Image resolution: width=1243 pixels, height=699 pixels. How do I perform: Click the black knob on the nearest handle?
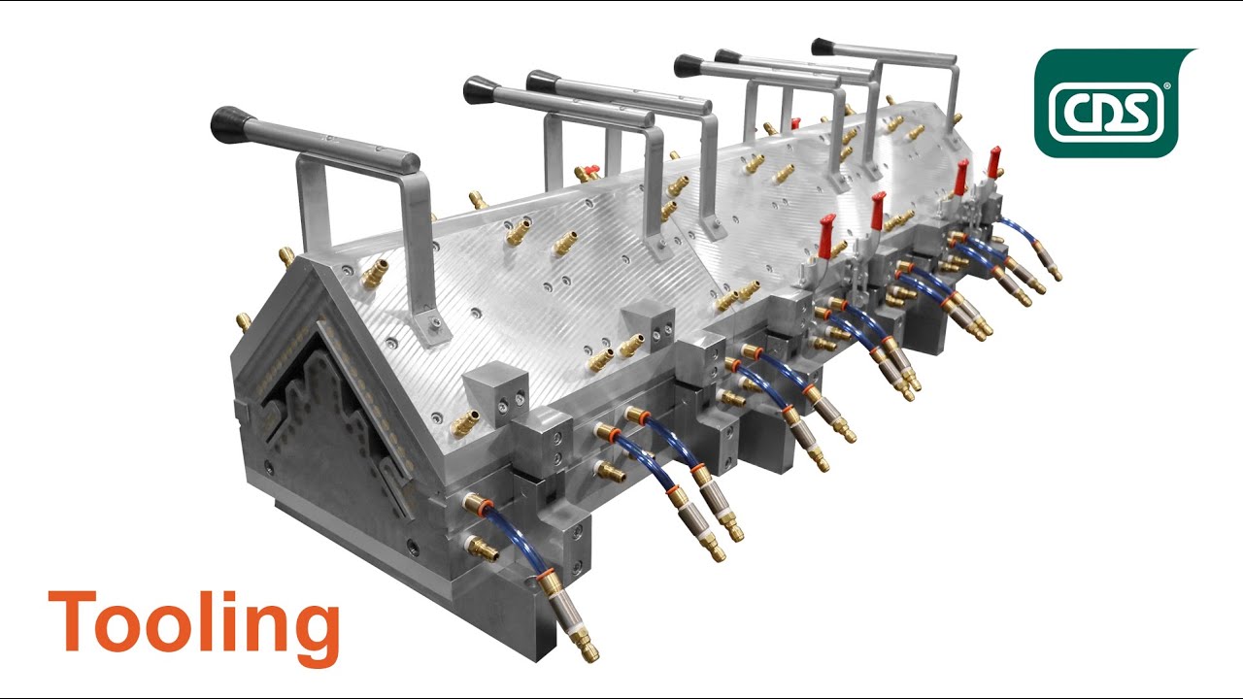coord(232,124)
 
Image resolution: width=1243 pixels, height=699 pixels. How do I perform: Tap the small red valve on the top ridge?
coord(794,123)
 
